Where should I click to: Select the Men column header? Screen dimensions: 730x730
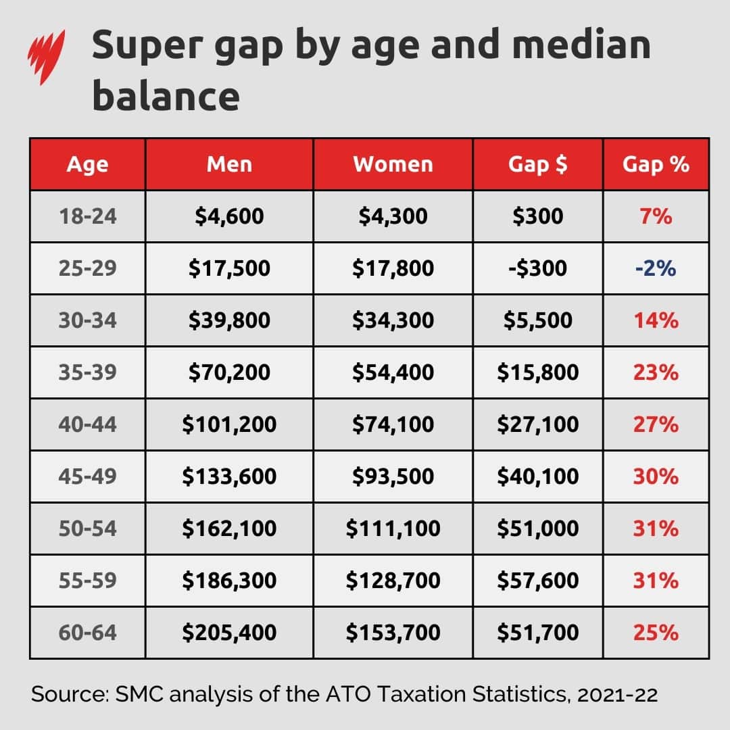[x=229, y=164]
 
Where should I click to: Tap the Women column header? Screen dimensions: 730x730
[x=393, y=164]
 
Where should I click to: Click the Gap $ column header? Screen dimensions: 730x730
[x=538, y=164]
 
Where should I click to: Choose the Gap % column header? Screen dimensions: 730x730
[x=656, y=164]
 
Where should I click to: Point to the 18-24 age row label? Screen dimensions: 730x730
[x=87, y=216]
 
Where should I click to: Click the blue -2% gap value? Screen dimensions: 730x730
[x=656, y=268]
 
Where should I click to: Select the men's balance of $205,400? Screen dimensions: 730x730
[x=229, y=633]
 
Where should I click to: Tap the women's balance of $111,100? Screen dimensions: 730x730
[x=393, y=529]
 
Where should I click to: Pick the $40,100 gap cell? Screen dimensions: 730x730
[x=538, y=477]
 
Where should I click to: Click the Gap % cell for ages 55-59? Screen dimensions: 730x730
[x=656, y=581]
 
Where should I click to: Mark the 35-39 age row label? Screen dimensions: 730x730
[x=87, y=372]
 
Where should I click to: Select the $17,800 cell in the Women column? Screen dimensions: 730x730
[x=393, y=268]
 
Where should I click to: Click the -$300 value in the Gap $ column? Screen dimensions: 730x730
[x=538, y=268]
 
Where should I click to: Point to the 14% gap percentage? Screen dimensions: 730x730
[x=656, y=320]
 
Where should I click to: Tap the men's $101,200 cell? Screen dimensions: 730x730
[x=229, y=424]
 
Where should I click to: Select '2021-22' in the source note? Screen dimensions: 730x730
[x=617, y=695]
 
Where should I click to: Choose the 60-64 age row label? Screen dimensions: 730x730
[x=87, y=633]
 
